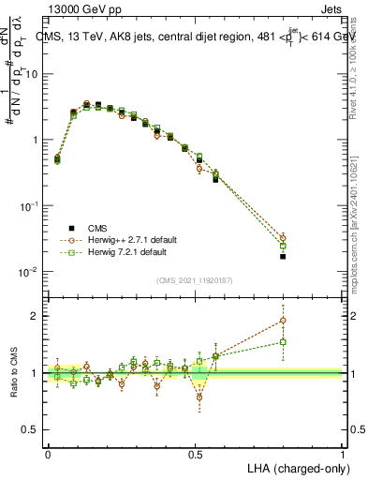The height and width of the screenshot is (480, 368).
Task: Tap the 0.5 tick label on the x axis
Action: pyautogui.click(x=196, y=454)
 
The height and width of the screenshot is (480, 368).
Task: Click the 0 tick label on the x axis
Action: pyautogui.click(x=49, y=454)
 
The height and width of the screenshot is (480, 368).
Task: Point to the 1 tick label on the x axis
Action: pyautogui.click(x=343, y=454)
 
